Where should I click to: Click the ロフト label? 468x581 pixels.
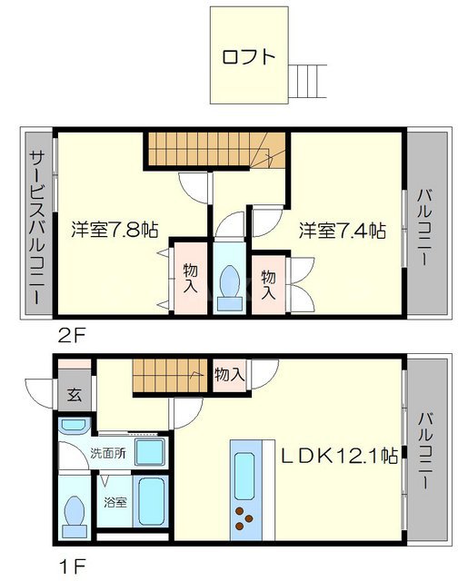pyautogui.click(x=249, y=57)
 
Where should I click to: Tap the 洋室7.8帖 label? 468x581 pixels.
pyautogui.click(x=115, y=230)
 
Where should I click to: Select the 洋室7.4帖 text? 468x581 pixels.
pyautogui.click(x=343, y=231)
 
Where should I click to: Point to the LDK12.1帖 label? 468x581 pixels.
pyautogui.click(x=339, y=456)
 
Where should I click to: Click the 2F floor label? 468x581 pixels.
pyautogui.click(x=72, y=336)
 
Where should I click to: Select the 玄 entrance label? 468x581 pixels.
pyautogui.click(x=75, y=395)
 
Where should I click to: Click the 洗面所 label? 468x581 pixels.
pyautogui.click(x=108, y=453)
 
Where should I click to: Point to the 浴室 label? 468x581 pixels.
pyautogui.click(x=115, y=502)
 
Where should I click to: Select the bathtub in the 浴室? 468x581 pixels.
pyautogui.click(x=151, y=501)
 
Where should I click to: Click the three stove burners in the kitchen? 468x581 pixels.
pyautogui.click(x=244, y=518)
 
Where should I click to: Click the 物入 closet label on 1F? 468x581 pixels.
pyautogui.click(x=230, y=375)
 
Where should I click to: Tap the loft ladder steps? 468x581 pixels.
pyautogui.click(x=307, y=82)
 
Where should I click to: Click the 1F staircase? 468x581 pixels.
pyautogui.click(x=169, y=376)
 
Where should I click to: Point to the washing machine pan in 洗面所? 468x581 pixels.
pyautogui.click(x=149, y=452)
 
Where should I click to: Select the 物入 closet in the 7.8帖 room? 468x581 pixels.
pyautogui.click(x=191, y=279)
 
